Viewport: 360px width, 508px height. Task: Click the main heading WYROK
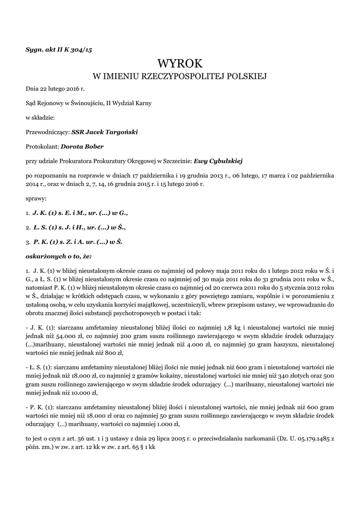click(180, 63)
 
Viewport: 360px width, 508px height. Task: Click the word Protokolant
click(42, 146)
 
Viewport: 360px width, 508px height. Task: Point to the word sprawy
click(36, 198)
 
